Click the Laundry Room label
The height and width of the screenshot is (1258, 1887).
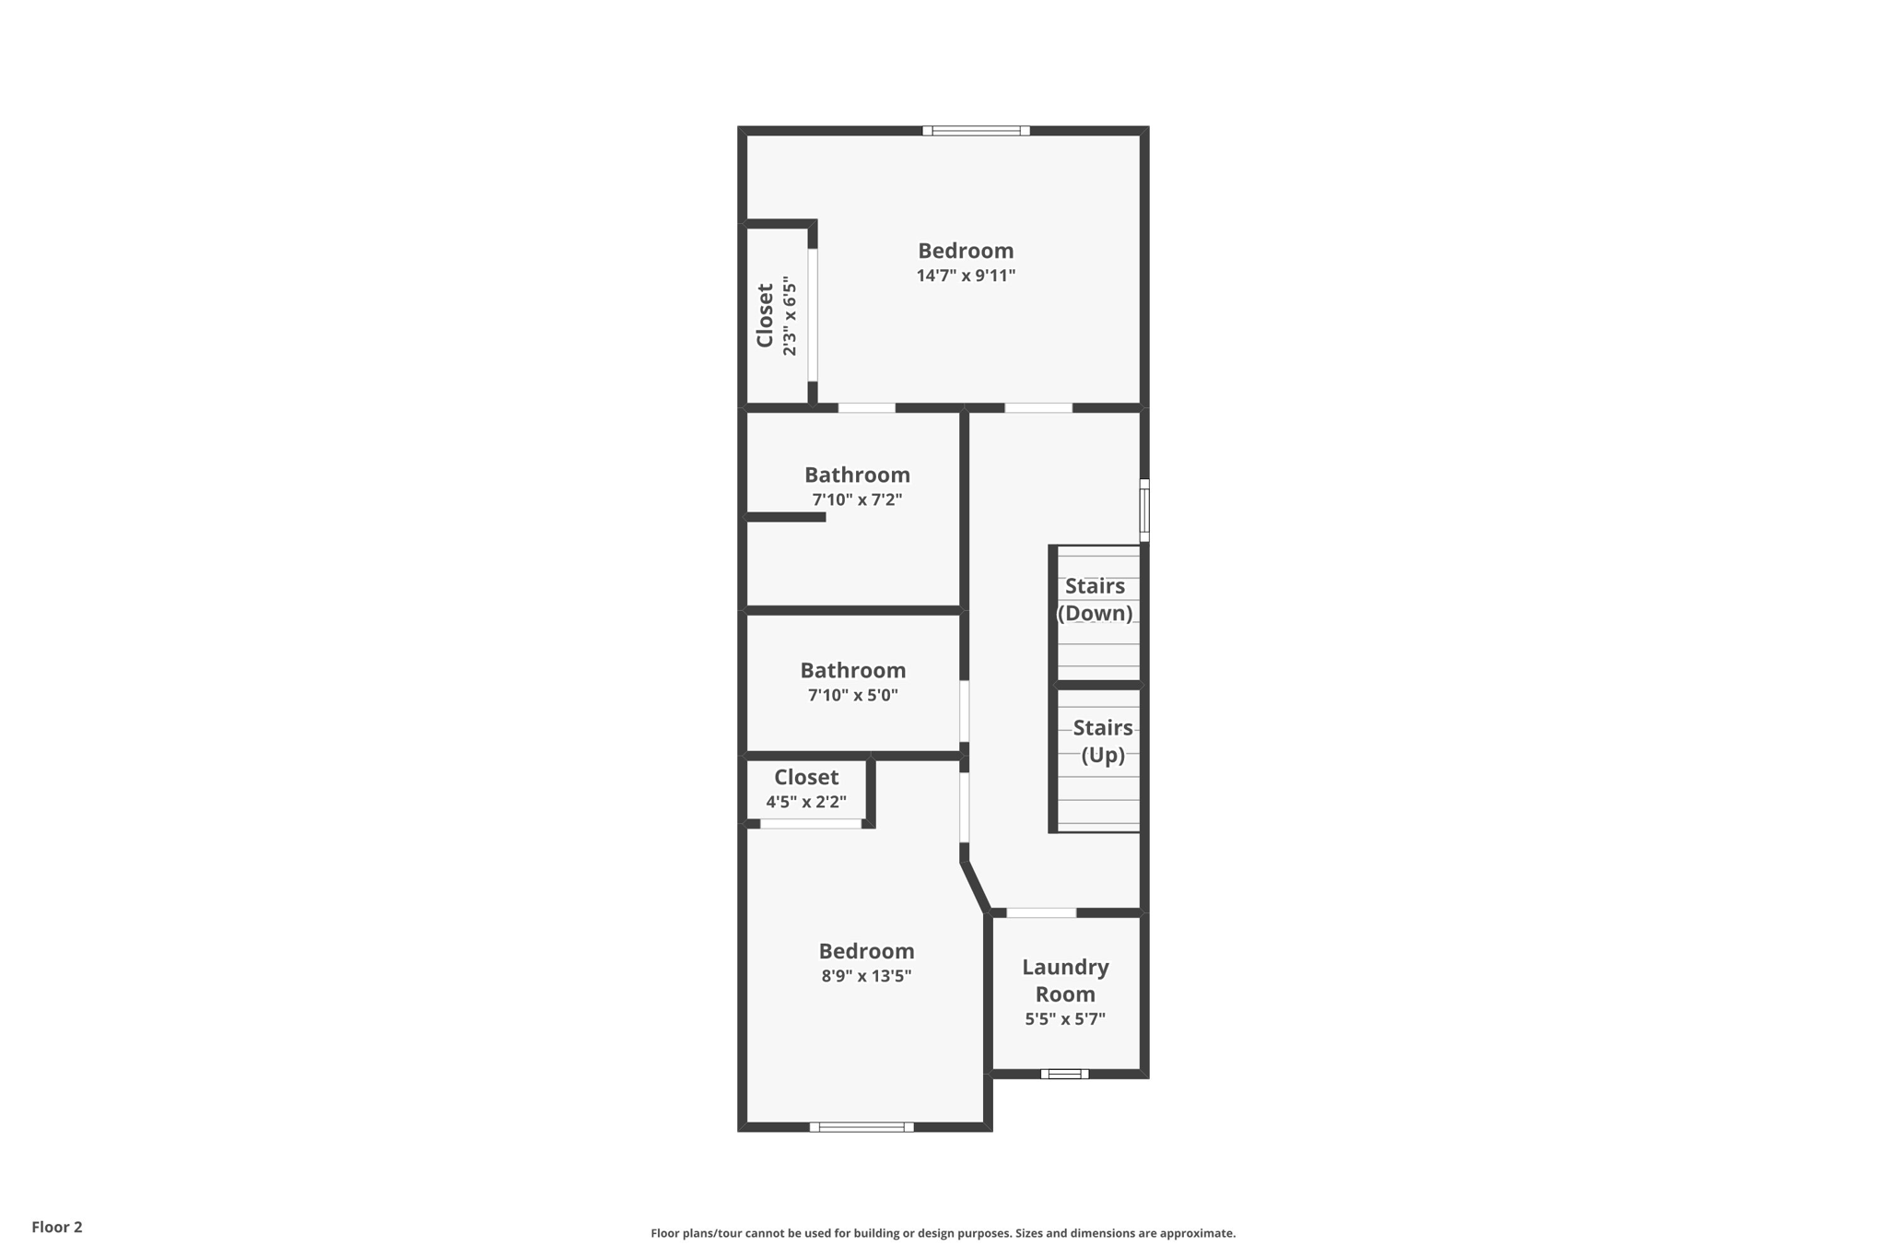pos(1065,980)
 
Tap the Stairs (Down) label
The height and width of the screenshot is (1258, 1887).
pos(1095,599)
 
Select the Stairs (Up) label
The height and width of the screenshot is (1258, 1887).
pos(1102,741)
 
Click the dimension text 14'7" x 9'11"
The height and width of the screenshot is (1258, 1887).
pos(966,276)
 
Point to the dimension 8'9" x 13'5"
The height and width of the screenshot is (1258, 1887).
pos(866,976)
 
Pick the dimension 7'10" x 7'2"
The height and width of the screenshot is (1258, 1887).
pos(857,500)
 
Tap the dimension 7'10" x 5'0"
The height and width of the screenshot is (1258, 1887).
pos(853,695)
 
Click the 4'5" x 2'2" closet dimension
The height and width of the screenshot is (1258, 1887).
pos(806,802)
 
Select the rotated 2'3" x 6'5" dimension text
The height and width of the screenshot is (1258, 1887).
pos(790,316)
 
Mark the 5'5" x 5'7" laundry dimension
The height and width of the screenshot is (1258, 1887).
pos(1065,1019)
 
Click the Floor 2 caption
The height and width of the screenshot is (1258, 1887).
pos(57,1227)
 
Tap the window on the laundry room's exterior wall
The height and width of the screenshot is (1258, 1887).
pos(1064,1074)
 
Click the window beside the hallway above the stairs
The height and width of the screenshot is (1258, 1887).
pos(1144,510)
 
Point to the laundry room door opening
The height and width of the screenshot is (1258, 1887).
pos(1041,912)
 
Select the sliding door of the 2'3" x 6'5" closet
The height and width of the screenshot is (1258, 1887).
pos(813,314)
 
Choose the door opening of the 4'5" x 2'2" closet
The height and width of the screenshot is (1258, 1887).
pos(811,823)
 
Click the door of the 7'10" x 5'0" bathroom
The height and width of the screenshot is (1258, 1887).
pos(965,711)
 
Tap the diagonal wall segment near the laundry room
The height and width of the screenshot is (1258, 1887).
pos(976,887)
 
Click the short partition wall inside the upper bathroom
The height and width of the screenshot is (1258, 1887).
pos(785,517)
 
